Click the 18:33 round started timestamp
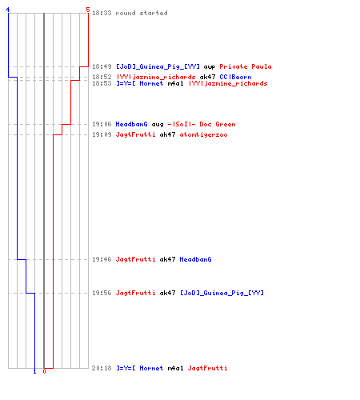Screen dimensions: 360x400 click(x=102, y=13)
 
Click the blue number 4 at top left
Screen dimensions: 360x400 click(x=8, y=10)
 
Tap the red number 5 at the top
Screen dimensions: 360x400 click(x=88, y=10)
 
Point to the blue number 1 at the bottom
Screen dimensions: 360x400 click(x=34, y=371)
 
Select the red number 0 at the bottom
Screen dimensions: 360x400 click(x=44, y=371)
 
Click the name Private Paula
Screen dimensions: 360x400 click(x=246, y=66)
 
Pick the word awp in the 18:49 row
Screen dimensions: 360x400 click(x=210, y=67)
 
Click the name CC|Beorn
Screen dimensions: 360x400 click(x=235, y=77)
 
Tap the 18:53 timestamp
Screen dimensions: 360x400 click(x=102, y=83)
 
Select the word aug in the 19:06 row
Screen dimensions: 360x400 click(x=158, y=125)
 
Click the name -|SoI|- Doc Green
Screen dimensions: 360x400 click(x=202, y=124)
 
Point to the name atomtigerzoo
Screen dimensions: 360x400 click(x=203, y=134)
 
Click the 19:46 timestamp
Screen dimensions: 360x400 click(x=102, y=259)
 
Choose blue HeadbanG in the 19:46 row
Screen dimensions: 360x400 click(x=195, y=259)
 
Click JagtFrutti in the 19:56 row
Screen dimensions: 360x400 click(x=135, y=293)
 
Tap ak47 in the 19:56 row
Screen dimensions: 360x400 click(x=167, y=293)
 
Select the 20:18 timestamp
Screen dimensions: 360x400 click(x=102, y=368)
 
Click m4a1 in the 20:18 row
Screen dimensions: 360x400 click(x=175, y=368)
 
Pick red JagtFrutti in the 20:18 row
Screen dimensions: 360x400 click(x=207, y=368)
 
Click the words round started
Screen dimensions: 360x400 click(x=142, y=13)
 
